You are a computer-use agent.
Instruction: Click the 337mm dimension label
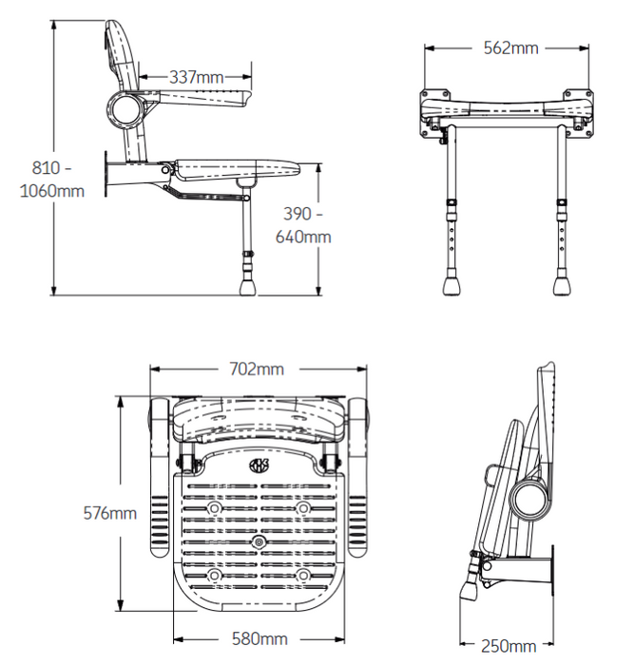tap(197, 76)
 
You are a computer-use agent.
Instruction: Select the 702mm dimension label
tap(258, 368)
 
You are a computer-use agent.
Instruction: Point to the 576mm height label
tap(110, 513)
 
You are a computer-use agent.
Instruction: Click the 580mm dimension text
tap(259, 639)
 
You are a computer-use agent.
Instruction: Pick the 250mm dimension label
tap(508, 646)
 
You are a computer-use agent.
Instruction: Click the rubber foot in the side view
tap(250, 283)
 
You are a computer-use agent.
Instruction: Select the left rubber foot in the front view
tap(451, 284)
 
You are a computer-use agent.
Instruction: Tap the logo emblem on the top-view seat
tap(259, 465)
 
